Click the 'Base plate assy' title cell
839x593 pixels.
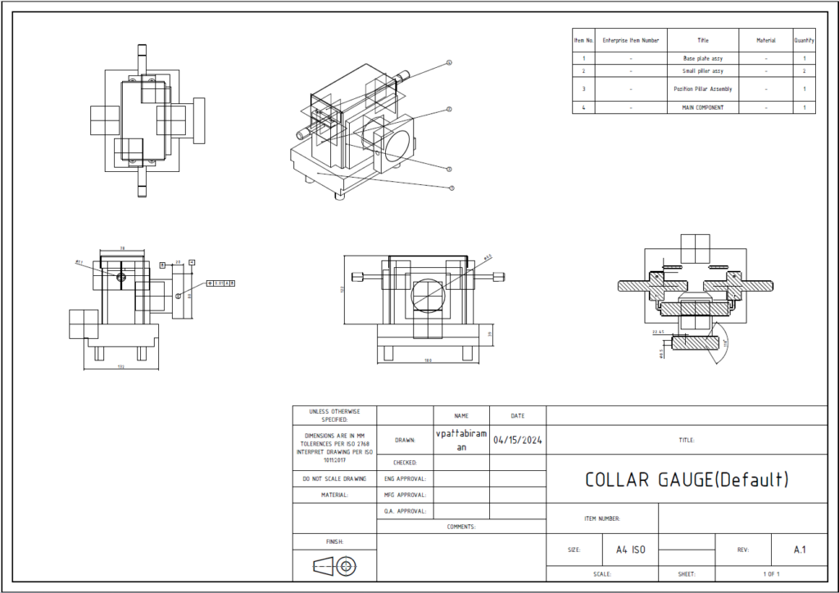point(703,59)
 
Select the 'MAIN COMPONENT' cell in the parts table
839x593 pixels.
point(703,107)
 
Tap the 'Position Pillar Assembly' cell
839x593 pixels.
point(703,88)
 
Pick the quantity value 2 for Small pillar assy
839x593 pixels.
point(805,71)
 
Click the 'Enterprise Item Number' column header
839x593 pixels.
point(630,40)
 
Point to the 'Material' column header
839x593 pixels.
point(765,40)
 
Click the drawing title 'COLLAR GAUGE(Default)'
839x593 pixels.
point(687,480)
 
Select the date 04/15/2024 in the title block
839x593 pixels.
point(518,439)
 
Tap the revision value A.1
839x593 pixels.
point(800,550)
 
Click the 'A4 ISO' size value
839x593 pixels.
point(630,550)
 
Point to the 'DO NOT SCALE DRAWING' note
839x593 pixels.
point(334,478)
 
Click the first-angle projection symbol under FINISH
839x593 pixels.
point(334,566)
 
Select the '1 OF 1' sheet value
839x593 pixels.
point(771,574)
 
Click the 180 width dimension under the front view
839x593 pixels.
point(429,360)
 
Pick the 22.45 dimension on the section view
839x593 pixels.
point(657,333)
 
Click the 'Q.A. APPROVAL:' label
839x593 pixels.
point(405,511)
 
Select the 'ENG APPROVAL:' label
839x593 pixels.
point(405,478)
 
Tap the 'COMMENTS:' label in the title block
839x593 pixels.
point(461,527)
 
